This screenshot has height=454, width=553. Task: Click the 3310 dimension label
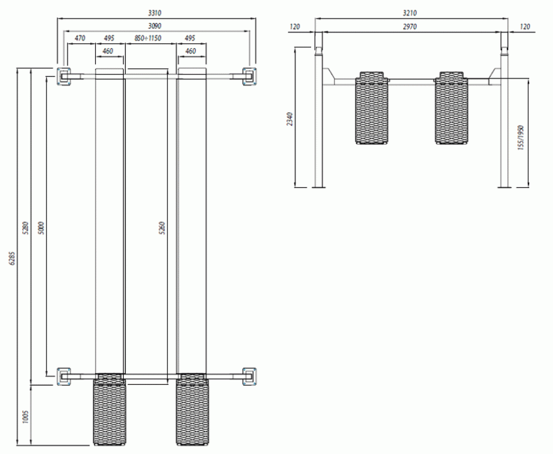[x=154, y=13]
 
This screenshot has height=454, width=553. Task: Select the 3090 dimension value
[x=154, y=26]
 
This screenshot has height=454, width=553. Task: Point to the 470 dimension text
[x=80, y=38]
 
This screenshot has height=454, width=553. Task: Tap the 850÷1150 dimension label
[x=148, y=38]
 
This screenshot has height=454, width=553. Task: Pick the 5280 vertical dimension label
[x=25, y=228]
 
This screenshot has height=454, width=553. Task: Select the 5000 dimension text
[x=41, y=228]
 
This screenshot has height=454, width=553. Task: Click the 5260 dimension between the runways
[x=162, y=228]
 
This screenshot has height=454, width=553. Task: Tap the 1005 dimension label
[x=25, y=416]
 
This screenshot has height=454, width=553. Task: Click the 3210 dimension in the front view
[x=410, y=13]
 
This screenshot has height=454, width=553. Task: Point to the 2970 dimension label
[x=410, y=26]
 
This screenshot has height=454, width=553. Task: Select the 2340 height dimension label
[x=290, y=119]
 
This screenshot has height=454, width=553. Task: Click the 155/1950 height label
[x=521, y=138]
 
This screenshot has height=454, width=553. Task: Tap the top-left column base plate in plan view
[x=64, y=76]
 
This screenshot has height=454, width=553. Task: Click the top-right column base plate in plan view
[x=249, y=76]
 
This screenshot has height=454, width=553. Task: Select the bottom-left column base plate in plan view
[x=64, y=376]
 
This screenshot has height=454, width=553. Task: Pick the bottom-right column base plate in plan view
[x=249, y=376]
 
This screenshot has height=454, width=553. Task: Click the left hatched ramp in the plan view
[x=109, y=410]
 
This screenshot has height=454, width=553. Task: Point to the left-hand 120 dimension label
[x=295, y=26]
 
